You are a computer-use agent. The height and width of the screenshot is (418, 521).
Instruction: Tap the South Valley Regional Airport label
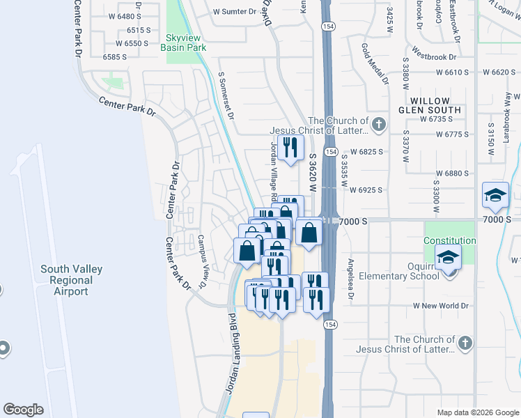pos(71,280)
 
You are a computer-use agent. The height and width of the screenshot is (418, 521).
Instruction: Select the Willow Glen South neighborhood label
pos(430,105)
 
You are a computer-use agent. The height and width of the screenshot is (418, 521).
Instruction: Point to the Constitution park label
pos(450,240)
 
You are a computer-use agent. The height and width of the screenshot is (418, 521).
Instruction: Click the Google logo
pos(23,410)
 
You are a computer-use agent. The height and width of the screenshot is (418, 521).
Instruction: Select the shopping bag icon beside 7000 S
pos(309,231)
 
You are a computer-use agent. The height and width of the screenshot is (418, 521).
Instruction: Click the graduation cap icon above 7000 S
pos(495,194)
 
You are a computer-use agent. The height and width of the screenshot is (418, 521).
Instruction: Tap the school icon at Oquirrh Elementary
pos(448,256)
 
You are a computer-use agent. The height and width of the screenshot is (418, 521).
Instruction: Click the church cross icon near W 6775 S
pos(378,125)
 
